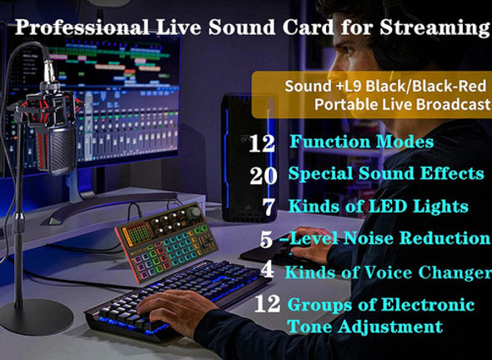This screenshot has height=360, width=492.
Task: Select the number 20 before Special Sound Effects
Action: [x=263, y=174]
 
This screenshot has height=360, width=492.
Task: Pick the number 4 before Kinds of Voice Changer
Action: [x=266, y=272]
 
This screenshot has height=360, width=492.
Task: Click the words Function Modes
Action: [x=361, y=142]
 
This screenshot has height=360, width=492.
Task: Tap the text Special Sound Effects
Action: [x=386, y=173]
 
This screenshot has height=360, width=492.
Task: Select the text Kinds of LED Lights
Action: [x=378, y=205]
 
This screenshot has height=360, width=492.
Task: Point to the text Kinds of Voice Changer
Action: [x=388, y=272]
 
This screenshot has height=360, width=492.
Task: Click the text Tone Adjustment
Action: [x=365, y=326]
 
